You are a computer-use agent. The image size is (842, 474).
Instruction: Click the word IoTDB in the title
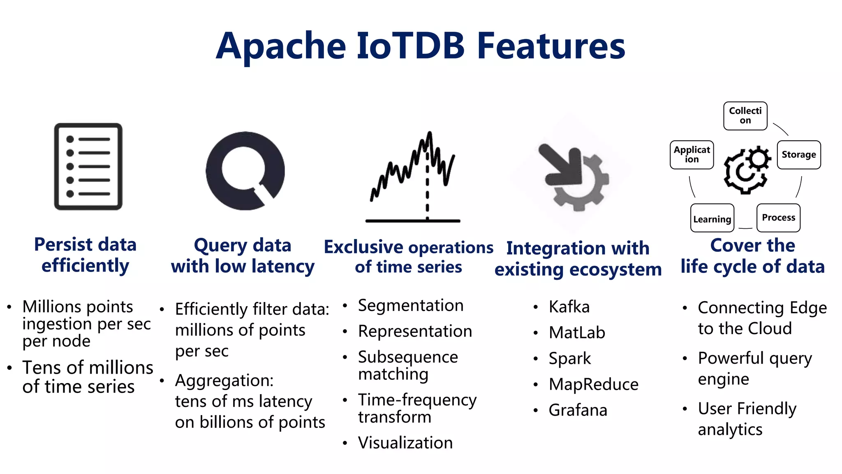[x=410, y=46]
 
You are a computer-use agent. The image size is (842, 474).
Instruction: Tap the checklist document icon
[x=88, y=167]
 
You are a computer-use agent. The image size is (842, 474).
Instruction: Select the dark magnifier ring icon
[x=245, y=170]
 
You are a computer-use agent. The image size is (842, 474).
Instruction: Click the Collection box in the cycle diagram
[x=745, y=116]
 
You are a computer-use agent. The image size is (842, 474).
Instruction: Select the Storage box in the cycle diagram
[x=798, y=155]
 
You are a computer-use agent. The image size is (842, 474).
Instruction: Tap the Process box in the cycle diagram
[x=778, y=218]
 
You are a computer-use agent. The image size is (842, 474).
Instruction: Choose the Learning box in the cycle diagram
[x=712, y=218]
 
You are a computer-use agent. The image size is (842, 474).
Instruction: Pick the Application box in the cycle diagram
[x=692, y=155]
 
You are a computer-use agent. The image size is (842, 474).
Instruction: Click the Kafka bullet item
[x=569, y=307]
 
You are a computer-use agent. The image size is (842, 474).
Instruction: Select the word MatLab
[x=577, y=332]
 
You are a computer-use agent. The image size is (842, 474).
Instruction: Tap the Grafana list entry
[x=578, y=410]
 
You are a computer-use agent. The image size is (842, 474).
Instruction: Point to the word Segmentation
[x=410, y=306]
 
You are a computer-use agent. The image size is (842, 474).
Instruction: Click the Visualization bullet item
[x=405, y=443]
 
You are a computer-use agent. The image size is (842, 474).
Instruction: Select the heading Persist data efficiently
[x=85, y=255]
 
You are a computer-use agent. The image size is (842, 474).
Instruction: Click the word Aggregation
[x=224, y=381]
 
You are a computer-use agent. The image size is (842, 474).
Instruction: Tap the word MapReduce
[x=593, y=384]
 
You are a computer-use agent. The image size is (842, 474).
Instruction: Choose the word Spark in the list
[x=569, y=358]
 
